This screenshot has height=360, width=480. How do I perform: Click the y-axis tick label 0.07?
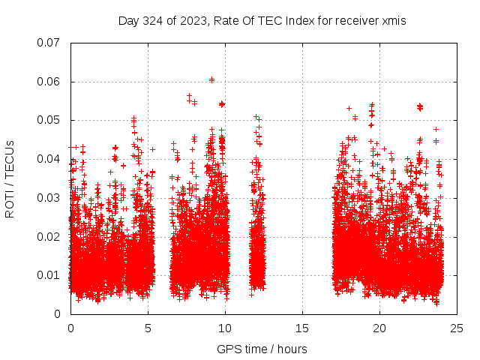[49, 43]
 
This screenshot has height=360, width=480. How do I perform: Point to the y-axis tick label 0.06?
[49, 82]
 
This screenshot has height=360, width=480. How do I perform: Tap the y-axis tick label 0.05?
[49, 120]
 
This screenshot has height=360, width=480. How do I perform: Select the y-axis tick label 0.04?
[49, 159]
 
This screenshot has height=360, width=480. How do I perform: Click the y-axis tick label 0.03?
[49, 198]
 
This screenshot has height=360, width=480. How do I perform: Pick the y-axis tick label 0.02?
[49, 236]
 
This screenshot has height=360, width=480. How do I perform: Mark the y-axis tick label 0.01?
[49, 275]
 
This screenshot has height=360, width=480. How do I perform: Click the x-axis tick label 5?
[148, 328]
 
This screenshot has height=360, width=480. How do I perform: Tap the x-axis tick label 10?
[226, 328]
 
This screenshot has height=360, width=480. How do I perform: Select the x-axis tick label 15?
[303, 328]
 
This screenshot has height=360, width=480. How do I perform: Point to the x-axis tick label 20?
[380, 328]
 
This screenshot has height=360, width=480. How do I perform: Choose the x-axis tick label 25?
[457, 328]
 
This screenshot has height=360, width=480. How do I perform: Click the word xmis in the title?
[393, 21]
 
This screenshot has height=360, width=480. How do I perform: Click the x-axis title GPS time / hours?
[262, 349]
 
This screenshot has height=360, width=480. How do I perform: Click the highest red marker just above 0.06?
[211, 79]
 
